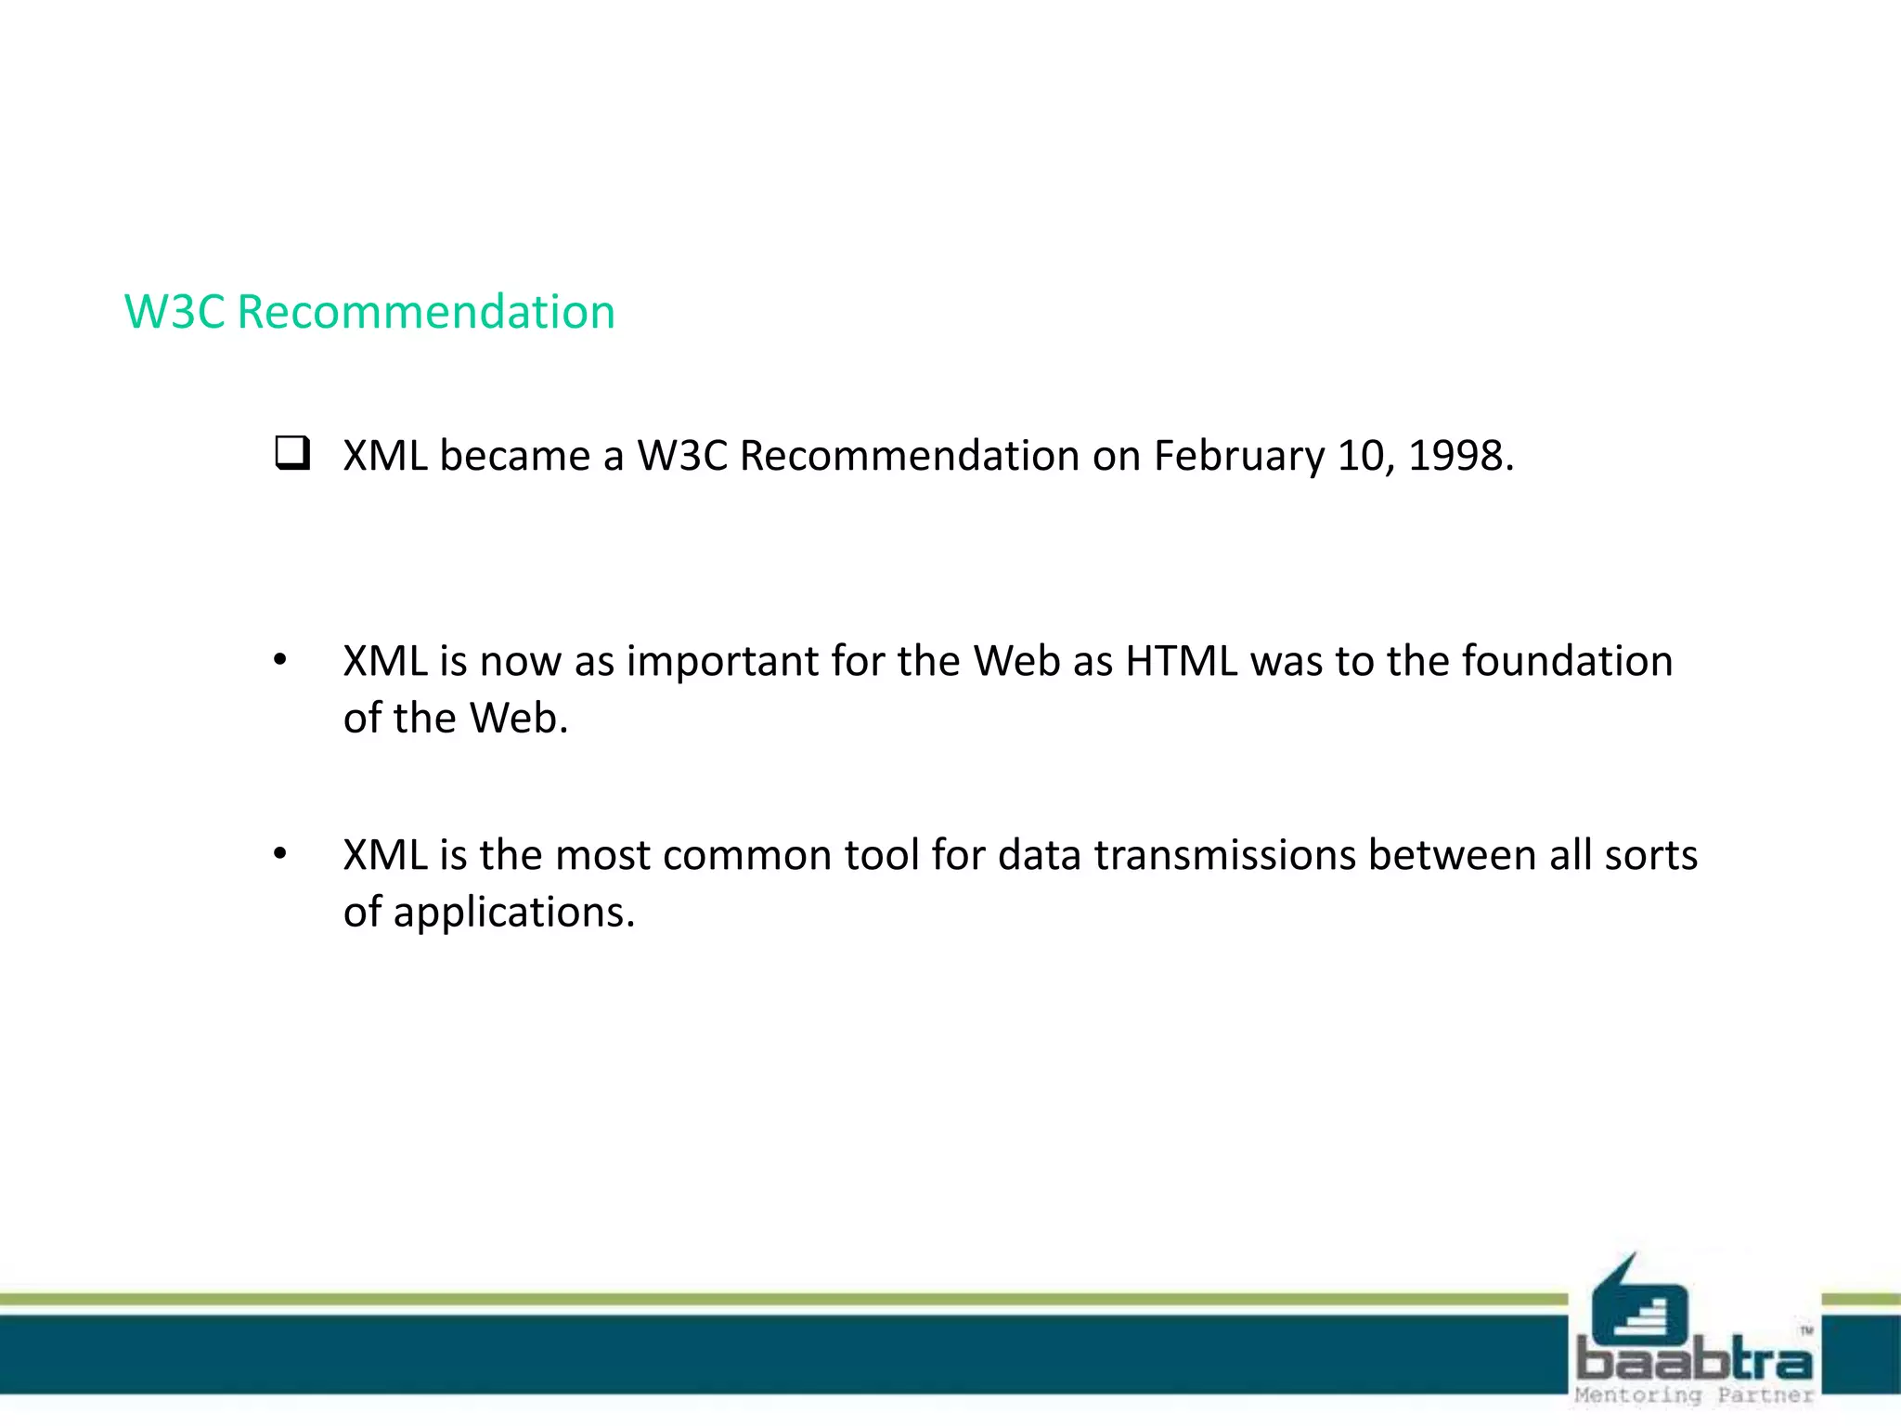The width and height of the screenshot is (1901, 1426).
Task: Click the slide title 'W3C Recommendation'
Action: (369, 312)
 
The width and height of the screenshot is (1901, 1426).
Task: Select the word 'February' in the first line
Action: (1238, 457)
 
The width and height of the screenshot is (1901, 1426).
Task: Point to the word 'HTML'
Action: (1181, 661)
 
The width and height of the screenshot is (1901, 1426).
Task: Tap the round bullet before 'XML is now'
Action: (280, 661)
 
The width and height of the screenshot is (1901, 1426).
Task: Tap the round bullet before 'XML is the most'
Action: (280, 854)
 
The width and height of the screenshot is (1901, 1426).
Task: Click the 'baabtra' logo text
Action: (1694, 1361)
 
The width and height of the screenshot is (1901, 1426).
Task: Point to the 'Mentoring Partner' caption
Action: (1694, 1395)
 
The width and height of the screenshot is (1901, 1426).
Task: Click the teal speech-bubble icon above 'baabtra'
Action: (1638, 1300)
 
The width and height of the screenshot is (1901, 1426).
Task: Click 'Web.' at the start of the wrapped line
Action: (518, 719)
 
